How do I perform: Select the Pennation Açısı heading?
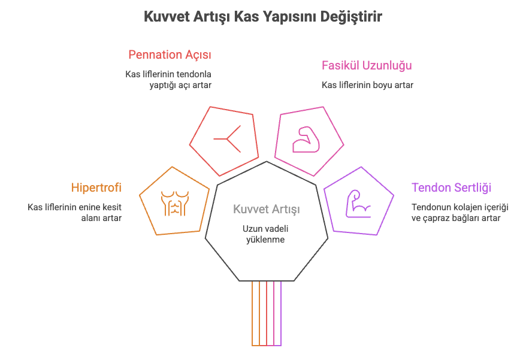coord(170,55)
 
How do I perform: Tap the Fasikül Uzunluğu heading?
coord(367,65)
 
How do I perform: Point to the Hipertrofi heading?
coord(96,187)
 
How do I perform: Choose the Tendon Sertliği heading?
coord(451,187)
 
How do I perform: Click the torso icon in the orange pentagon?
coord(175,203)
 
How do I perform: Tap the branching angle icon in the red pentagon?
coord(228,138)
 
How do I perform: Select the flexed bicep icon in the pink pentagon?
coord(306,140)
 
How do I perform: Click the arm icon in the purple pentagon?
coord(358,204)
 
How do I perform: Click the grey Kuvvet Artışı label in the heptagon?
coord(267,209)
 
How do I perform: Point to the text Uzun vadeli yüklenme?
coord(265,234)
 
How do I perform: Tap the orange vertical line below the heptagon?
coord(252,313)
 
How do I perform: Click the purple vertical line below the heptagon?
coord(281,313)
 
